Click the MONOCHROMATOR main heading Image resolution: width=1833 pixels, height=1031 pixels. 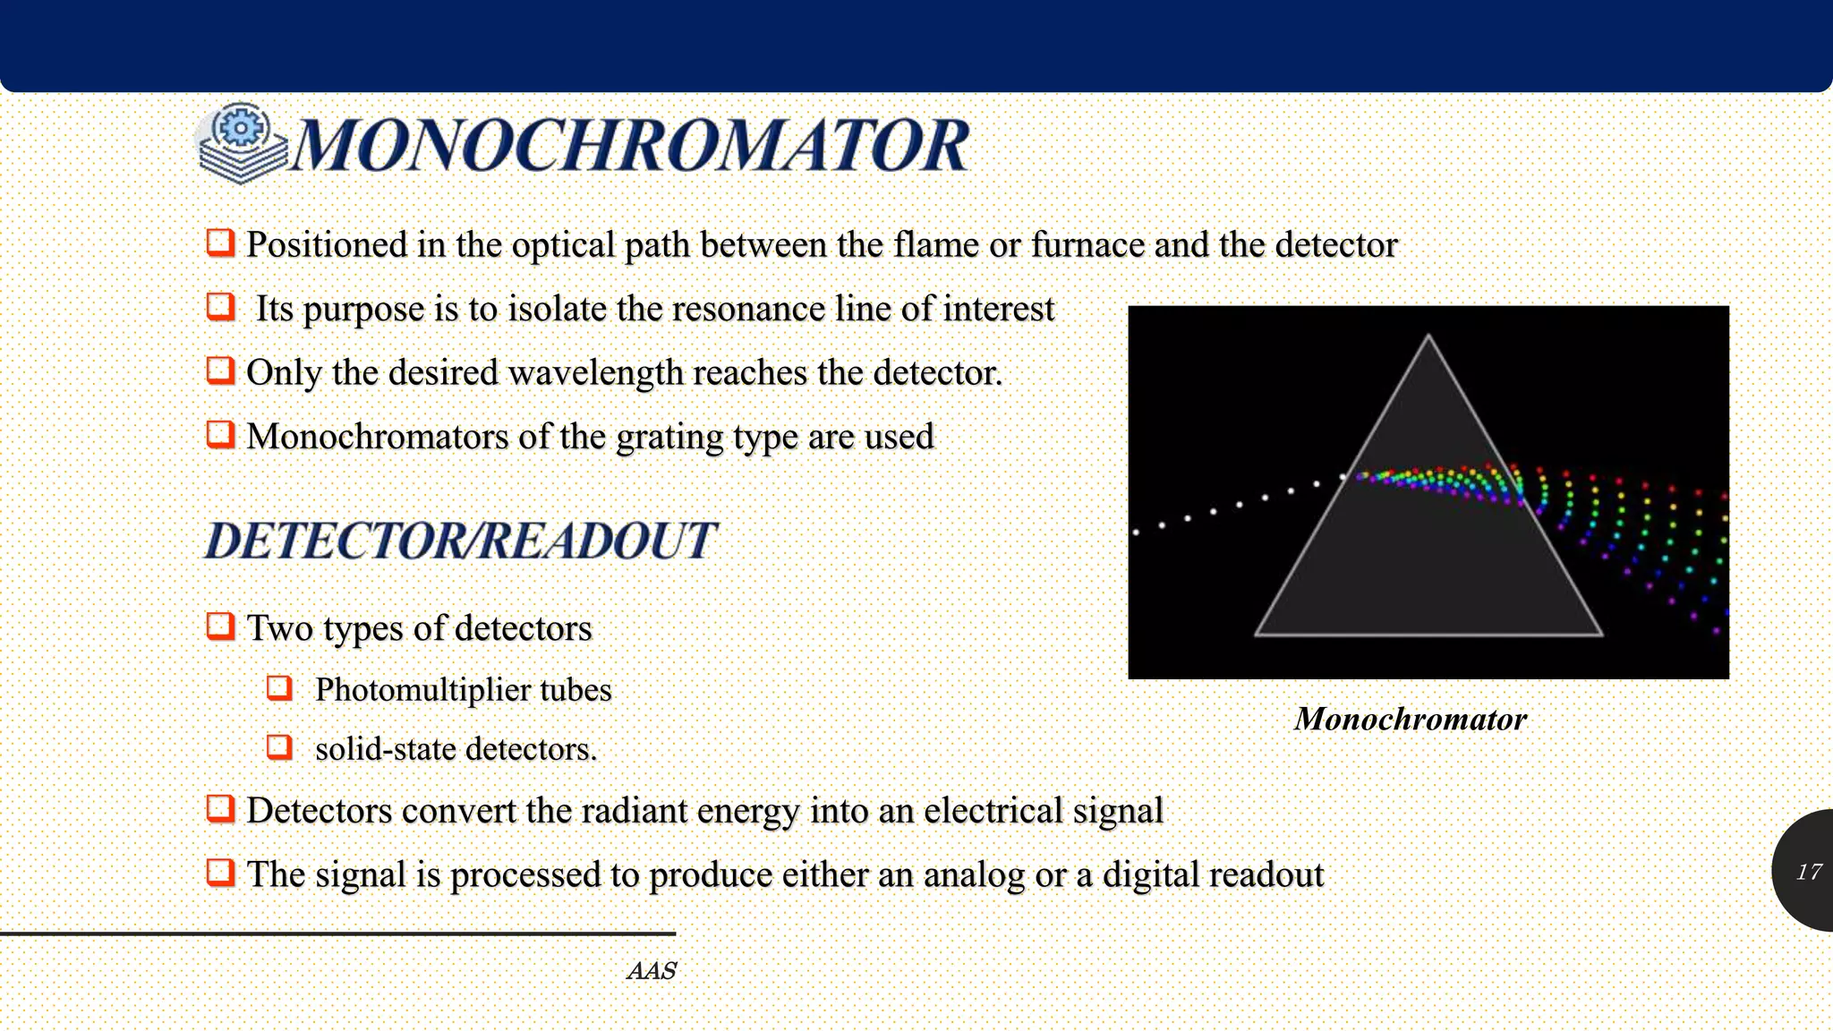click(x=631, y=145)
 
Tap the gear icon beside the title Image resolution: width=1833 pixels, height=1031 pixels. click(x=240, y=128)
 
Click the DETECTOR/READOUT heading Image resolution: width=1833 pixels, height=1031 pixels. click(x=460, y=541)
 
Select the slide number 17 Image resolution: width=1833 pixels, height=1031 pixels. click(x=1808, y=872)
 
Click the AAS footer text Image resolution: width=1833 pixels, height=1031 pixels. click(x=652, y=971)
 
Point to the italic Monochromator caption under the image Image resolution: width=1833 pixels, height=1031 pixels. click(x=1410, y=720)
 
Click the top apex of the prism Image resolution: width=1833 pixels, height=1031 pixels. click(x=1428, y=337)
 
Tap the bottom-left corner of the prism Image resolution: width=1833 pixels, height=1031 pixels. click(x=1258, y=634)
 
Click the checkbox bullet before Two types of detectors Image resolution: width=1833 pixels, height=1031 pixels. click(x=220, y=626)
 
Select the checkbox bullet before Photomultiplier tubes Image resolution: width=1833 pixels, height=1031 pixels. click(x=280, y=687)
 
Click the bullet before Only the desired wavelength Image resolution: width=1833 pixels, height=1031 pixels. click(x=220, y=370)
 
